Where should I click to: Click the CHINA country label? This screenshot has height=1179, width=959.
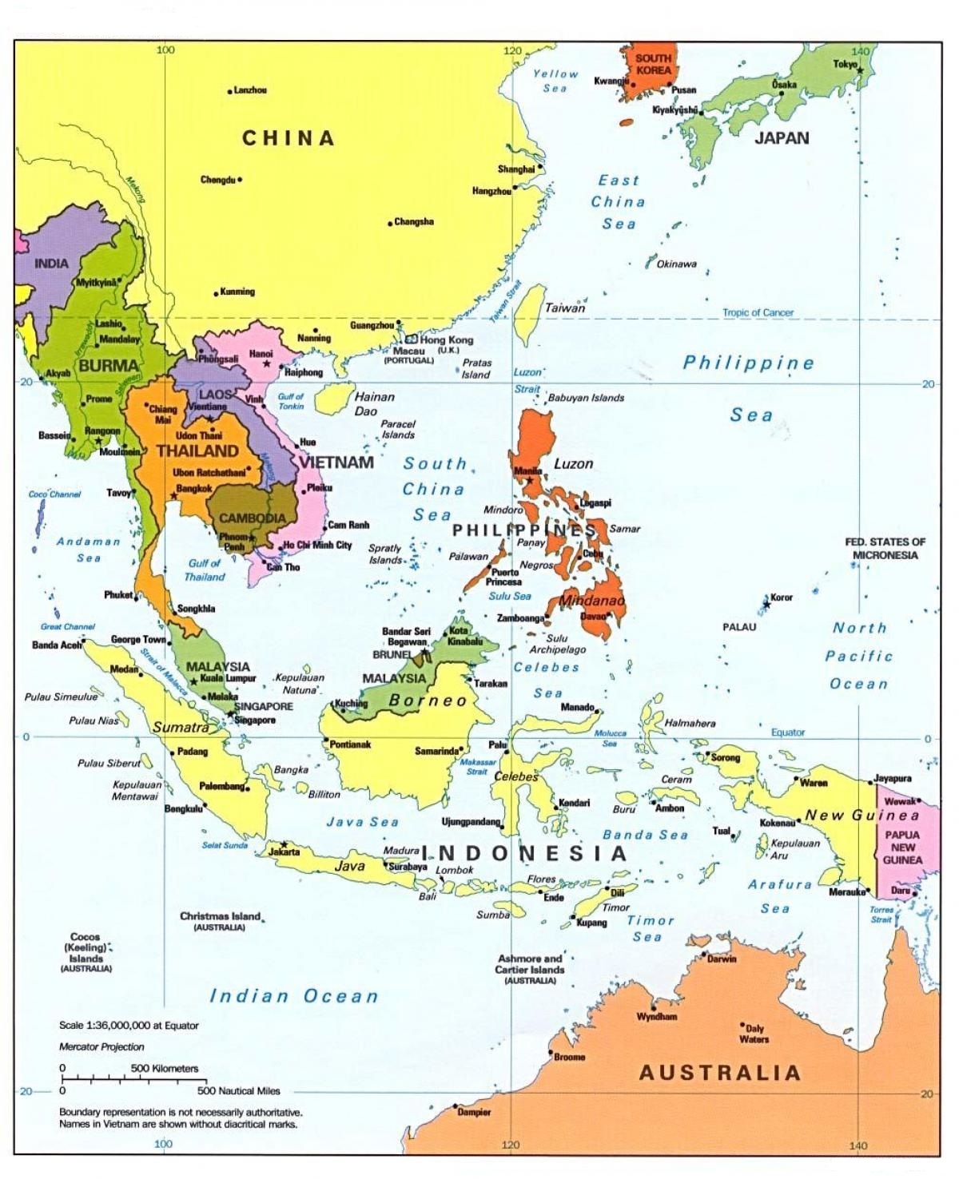tap(288, 138)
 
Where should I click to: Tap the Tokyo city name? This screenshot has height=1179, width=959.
tap(845, 64)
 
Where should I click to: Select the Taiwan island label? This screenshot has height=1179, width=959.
tap(565, 308)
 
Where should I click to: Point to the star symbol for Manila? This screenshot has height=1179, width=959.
tap(529, 480)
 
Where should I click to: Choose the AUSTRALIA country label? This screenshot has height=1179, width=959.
tap(719, 1073)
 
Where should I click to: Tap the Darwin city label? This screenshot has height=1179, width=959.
tap(722, 959)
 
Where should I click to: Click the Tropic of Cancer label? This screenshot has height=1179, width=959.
tap(758, 312)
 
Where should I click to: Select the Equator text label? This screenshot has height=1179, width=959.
tap(788, 732)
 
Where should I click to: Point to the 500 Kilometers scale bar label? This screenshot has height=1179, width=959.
tap(164, 1068)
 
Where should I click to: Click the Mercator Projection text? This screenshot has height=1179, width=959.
tap(101, 1046)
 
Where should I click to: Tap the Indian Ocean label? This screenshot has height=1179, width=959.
tap(293, 996)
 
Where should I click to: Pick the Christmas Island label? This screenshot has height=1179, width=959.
tap(220, 916)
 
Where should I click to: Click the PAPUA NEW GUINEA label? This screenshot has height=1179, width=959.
tap(902, 847)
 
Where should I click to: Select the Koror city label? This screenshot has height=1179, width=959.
tap(782, 597)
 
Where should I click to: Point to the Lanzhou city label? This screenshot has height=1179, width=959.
tap(250, 90)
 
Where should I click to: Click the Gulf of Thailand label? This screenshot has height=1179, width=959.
tap(205, 570)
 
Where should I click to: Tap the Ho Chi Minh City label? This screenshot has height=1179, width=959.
tap(317, 545)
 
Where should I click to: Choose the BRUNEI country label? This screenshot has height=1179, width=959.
tap(392, 654)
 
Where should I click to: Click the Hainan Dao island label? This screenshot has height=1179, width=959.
tap(374, 403)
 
